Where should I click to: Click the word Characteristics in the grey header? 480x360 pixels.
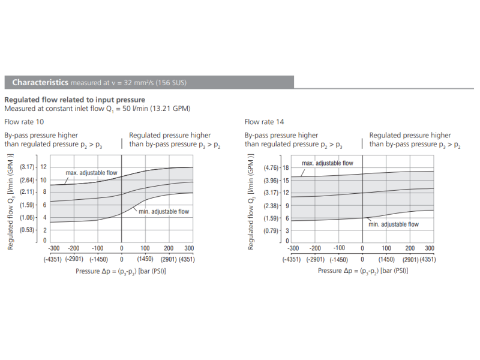pyautogui.click(x=40, y=82)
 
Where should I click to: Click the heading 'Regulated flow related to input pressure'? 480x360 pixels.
pyautogui.click(x=74, y=100)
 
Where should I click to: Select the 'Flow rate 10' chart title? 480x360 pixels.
pyautogui.click(x=24, y=122)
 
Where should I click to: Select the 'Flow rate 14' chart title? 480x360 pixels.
pyautogui.click(x=264, y=122)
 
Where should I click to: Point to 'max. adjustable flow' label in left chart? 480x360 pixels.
pyautogui.click(x=91, y=173)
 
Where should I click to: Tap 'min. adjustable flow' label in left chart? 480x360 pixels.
pyautogui.click(x=163, y=211)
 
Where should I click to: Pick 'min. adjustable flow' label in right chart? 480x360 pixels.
pyautogui.click(x=393, y=224)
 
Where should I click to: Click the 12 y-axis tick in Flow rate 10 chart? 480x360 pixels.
pyautogui.click(x=43, y=167)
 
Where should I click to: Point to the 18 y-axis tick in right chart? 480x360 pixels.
pyautogui.click(x=286, y=167)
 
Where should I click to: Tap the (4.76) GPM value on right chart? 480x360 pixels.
pyautogui.click(x=272, y=167)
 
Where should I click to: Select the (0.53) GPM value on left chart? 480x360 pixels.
pyautogui.click(x=28, y=230)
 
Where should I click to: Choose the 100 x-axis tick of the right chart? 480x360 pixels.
pyautogui.click(x=386, y=248)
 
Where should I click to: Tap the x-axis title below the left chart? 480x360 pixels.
pyautogui.click(x=121, y=271)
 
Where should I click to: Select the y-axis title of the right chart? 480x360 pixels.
pyautogui.click(x=251, y=202)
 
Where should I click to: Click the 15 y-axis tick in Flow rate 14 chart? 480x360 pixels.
pyautogui.click(x=286, y=180)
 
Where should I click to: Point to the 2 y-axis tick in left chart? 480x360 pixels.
pyautogui.click(x=44, y=230)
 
